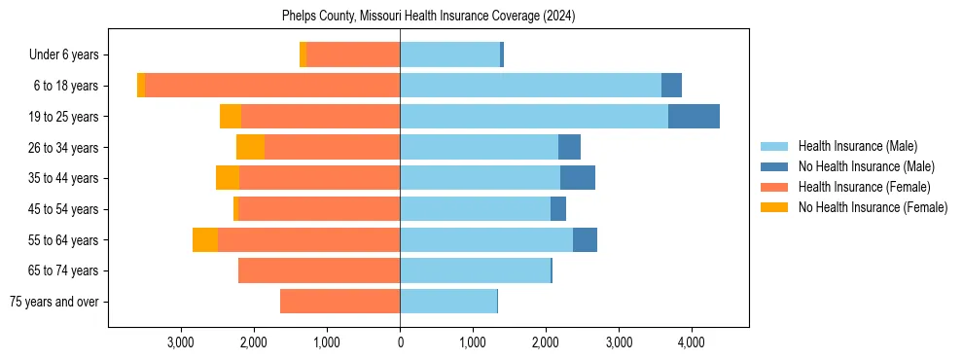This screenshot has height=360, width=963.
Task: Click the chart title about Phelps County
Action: (429, 17)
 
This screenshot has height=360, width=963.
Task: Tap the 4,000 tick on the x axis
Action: (691, 342)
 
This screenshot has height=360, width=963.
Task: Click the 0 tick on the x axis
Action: (400, 342)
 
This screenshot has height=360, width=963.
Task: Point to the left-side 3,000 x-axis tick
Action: (181, 342)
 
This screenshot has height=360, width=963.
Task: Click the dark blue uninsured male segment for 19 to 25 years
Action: (694, 117)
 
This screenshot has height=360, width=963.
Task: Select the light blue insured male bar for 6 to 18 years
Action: (530, 86)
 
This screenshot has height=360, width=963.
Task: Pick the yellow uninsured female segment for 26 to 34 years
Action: (250, 147)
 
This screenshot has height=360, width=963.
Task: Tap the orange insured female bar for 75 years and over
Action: (339, 302)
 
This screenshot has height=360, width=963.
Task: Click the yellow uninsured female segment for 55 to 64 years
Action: (204, 239)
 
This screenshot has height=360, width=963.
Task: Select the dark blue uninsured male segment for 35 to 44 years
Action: (578, 178)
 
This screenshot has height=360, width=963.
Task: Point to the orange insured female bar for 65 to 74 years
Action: (319, 270)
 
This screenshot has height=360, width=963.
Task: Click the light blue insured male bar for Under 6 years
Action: (449, 55)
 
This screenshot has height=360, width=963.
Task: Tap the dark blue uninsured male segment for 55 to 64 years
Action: (585, 239)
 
